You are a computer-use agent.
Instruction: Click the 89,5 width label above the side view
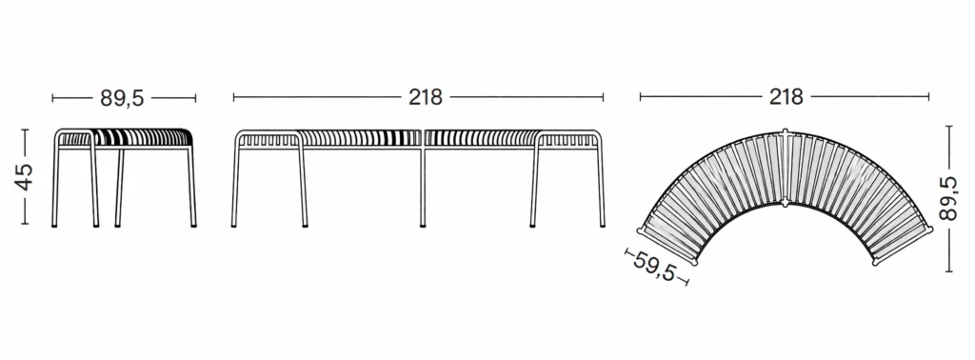[122, 98]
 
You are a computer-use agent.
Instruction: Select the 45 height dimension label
[24, 176]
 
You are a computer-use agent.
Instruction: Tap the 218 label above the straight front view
[426, 97]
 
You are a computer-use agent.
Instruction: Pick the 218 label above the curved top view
[786, 97]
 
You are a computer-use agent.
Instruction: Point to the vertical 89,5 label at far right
[948, 198]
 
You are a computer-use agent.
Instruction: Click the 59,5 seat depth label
[654, 266]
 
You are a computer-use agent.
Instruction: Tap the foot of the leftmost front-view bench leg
[234, 225]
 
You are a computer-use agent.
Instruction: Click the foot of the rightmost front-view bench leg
[602, 225]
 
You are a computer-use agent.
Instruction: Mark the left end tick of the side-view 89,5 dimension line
[53, 97]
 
